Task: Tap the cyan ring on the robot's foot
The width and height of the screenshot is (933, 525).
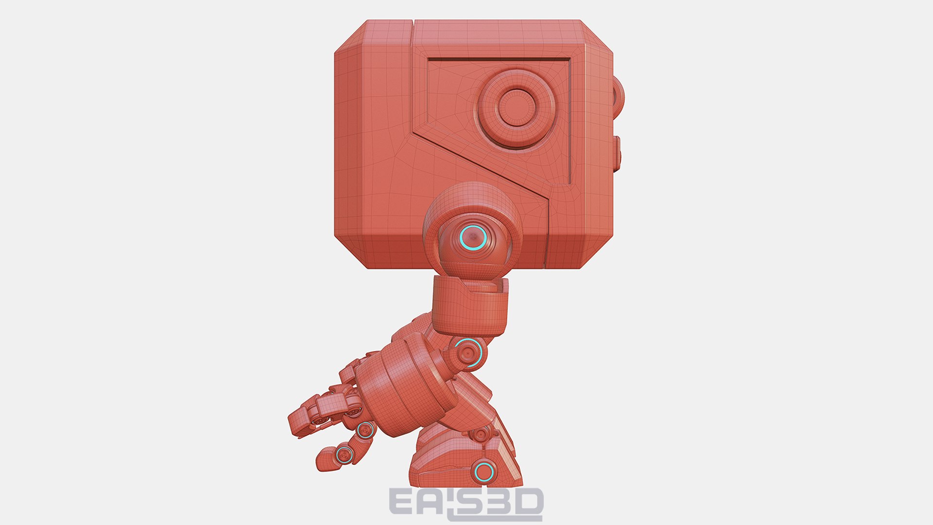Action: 484,472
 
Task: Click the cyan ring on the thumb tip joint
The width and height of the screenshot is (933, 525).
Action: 344,455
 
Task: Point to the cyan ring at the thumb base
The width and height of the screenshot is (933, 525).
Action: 365,430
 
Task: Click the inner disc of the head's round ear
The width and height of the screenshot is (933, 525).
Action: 517,107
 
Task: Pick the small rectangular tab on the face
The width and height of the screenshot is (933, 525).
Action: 618,153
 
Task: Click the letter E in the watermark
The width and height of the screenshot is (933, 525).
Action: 403,503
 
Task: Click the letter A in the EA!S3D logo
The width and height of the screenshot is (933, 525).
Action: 430,503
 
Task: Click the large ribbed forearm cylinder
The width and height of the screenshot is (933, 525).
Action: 406,384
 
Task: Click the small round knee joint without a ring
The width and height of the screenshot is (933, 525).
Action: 480,433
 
